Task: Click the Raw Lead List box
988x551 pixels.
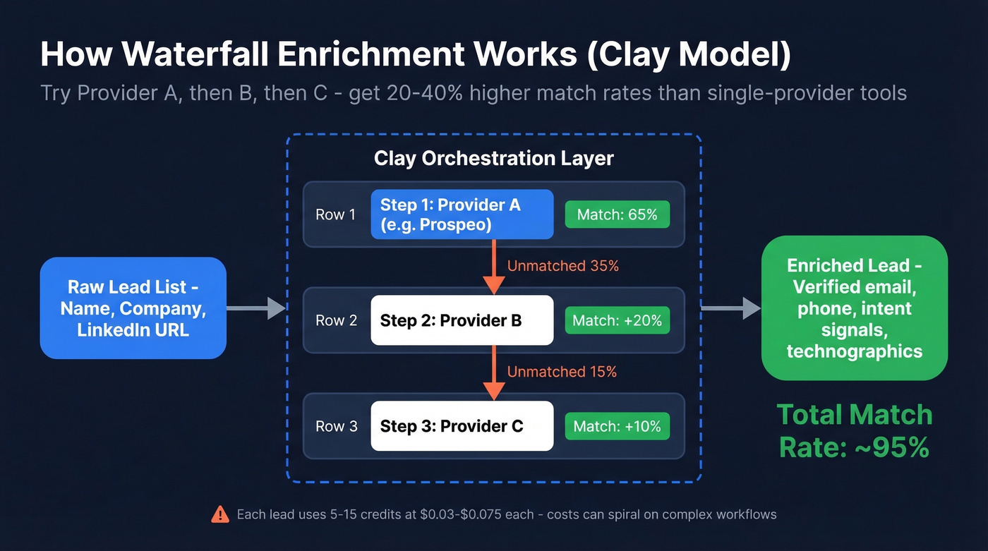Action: coord(133,308)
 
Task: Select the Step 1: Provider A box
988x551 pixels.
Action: coord(462,214)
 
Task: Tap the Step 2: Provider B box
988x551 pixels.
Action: coord(462,320)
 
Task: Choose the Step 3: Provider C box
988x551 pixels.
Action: coord(462,426)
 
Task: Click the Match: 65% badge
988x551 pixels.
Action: coord(617,214)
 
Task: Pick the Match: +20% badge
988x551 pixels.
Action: coord(617,320)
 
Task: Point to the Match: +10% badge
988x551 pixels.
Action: coord(617,426)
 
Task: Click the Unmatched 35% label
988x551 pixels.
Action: coord(562,266)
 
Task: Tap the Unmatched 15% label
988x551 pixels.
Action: coord(562,372)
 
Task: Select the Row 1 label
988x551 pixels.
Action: coord(335,214)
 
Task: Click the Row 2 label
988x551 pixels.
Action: coord(336,320)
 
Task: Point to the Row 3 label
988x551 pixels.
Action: coord(336,426)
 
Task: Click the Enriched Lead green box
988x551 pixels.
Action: coord(854,308)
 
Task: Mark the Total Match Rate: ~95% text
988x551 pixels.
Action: coord(854,430)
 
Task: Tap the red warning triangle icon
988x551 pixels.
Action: coord(220,514)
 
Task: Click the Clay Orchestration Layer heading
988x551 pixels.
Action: coord(493,158)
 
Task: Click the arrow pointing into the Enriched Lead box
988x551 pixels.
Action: coord(731,308)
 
